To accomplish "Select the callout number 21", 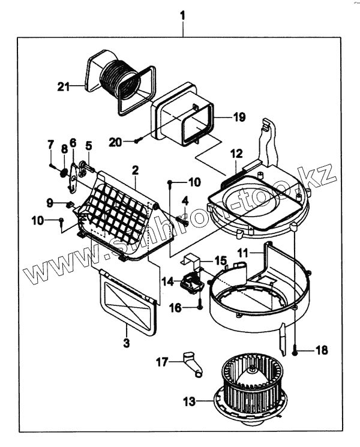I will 63,87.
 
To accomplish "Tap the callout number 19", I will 239,118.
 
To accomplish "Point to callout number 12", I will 235,154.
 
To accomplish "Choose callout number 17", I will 162,362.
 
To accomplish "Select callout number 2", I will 136,171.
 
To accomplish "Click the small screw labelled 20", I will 137,141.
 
